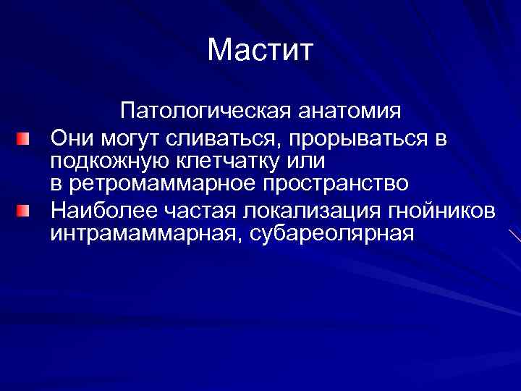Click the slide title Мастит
coord(260,50)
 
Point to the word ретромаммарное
coord(160,185)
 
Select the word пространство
coord(332,185)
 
